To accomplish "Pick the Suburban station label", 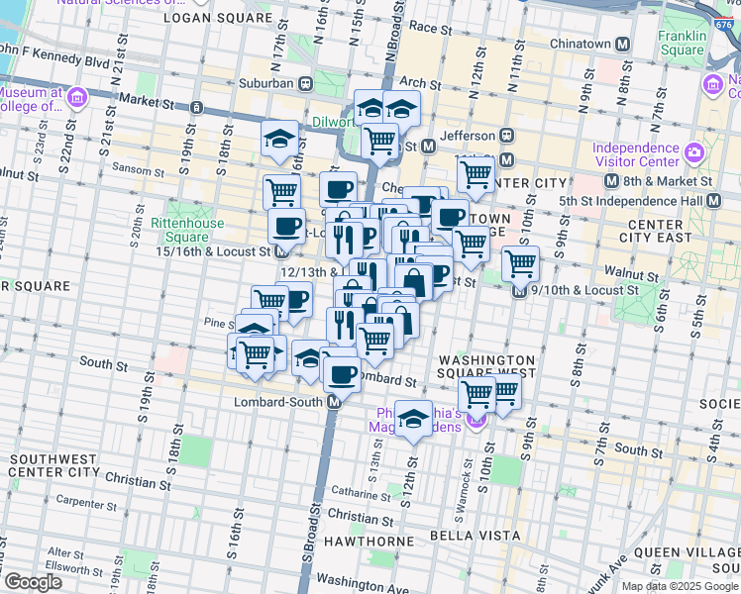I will [263, 83].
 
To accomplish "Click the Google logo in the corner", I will [33, 582].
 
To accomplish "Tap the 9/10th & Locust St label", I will [584, 290].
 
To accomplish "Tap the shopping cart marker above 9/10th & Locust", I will [520, 263].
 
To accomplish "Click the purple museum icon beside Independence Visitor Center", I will [693, 153].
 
